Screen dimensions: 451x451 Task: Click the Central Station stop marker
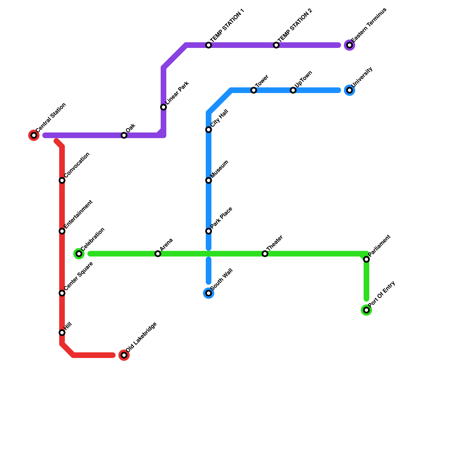coord(34,135)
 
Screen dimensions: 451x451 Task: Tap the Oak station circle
coord(124,135)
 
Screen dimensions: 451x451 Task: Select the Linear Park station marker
coord(163,107)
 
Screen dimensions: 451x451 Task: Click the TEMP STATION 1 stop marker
coord(209,45)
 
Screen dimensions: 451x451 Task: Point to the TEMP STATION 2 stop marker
coord(276,45)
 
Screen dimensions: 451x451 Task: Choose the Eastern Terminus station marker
coord(350,45)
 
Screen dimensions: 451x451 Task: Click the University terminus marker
coord(350,90)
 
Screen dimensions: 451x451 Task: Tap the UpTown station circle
coord(293,90)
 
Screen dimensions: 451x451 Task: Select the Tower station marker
coord(254,90)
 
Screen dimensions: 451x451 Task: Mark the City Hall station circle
coord(209,130)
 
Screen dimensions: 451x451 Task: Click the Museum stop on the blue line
coord(209,180)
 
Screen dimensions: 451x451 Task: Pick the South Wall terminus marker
coord(209,293)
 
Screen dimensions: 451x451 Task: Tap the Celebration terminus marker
coord(79,254)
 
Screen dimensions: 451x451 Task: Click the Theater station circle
coord(265,254)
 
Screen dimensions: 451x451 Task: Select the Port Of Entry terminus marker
coord(366,310)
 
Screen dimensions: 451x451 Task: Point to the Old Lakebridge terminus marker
coord(124,355)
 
